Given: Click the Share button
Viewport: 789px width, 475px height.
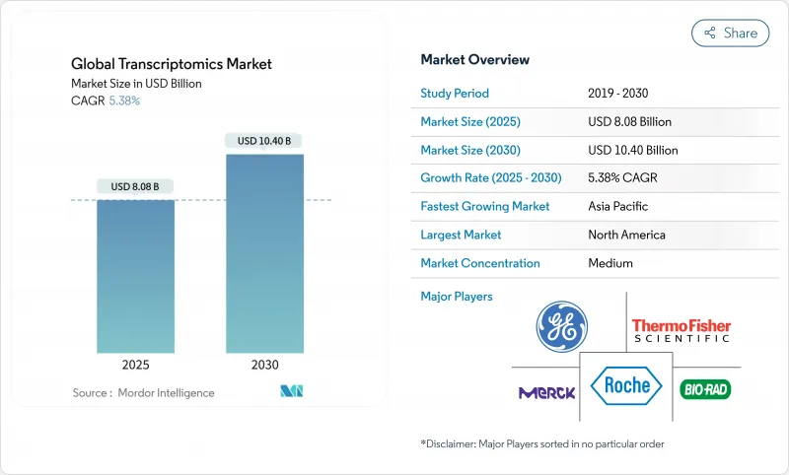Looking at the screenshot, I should click(730, 33).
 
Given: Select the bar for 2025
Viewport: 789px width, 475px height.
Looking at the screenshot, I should click(135, 276).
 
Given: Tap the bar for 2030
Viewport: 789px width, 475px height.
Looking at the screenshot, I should click(264, 252).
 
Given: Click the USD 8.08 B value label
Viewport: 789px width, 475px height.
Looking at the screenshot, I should click(135, 186).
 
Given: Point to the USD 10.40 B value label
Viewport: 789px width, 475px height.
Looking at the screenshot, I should click(264, 141).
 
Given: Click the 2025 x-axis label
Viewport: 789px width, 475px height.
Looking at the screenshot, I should click(135, 365).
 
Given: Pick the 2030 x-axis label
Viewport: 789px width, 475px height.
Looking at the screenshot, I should click(264, 365).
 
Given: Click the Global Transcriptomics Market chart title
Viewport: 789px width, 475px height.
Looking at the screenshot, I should click(172, 64).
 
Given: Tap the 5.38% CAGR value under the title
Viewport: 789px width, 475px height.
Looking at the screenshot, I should click(123, 101).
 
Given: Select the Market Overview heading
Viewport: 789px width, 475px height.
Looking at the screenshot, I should click(474, 60).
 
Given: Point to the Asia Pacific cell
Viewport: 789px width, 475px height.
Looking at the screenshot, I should click(619, 207).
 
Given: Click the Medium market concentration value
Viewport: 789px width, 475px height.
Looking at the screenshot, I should click(610, 263).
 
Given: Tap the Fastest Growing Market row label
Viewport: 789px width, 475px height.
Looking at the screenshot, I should click(484, 207).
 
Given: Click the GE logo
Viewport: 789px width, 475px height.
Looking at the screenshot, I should click(561, 327).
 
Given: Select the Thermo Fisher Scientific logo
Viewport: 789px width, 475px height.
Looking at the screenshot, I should click(681, 330).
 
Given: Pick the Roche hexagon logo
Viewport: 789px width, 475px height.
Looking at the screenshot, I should click(627, 385).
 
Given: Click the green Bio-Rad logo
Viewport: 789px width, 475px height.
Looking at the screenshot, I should click(705, 389).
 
